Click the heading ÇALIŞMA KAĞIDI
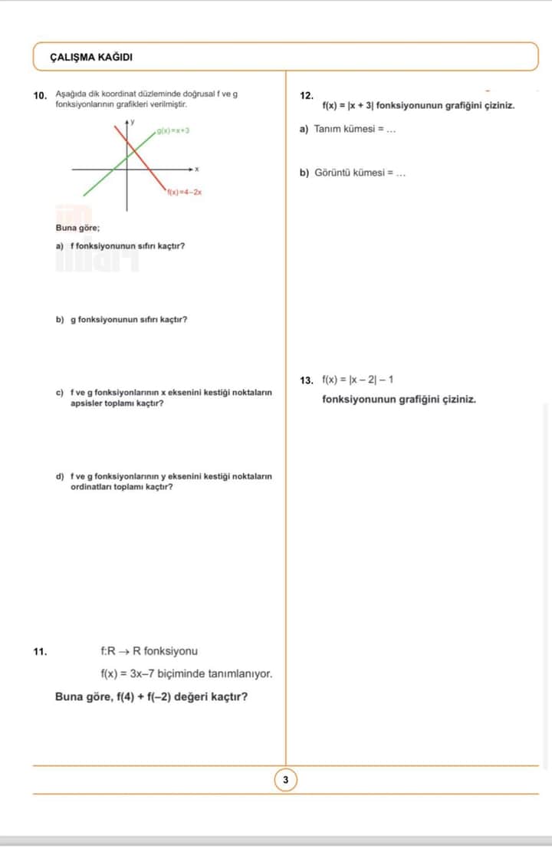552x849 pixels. [91, 57]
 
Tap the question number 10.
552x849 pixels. [41, 96]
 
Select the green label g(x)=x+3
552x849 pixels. [173, 131]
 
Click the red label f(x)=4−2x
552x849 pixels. [184, 193]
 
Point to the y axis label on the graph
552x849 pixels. [132, 121]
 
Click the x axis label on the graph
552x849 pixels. [197, 169]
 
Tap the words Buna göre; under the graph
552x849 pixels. [77, 228]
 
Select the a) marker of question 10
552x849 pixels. [60, 246]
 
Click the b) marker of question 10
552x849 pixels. [60, 319]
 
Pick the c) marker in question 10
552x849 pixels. [60, 392]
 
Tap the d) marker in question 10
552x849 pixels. [60, 476]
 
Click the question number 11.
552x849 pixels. [41, 652]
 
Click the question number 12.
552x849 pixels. [307, 96]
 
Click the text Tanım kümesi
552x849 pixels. [346, 129]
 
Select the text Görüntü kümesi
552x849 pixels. [350, 173]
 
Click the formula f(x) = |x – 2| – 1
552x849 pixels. [358, 380]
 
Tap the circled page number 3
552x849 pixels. [285, 780]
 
